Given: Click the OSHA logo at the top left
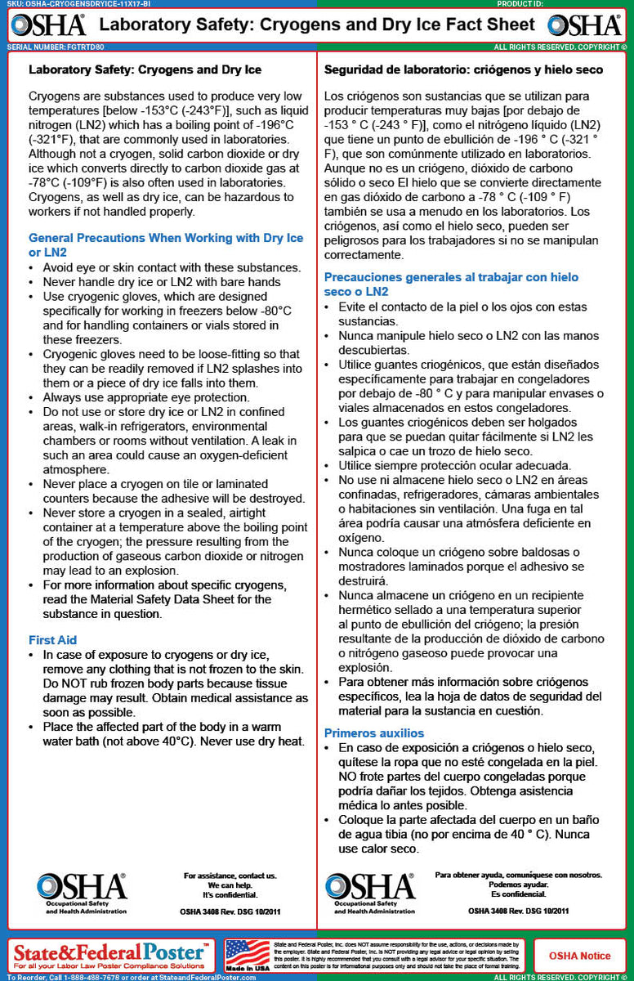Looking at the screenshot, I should pyautogui.click(x=48, y=25).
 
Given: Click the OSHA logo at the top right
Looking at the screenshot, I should pyautogui.click(x=585, y=25).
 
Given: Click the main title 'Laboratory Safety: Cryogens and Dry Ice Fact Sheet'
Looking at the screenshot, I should pyautogui.click(x=316, y=25).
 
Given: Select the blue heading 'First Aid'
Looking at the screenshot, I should pyautogui.click(x=52, y=639).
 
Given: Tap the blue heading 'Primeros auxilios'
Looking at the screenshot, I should pyautogui.click(x=374, y=732).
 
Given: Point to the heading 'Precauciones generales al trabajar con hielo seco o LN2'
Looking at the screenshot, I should pyautogui.click(x=451, y=284).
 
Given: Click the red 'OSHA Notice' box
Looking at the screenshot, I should pyautogui.click(x=579, y=955).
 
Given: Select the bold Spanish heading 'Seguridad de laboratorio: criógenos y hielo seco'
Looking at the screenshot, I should pyautogui.click(x=463, y=70).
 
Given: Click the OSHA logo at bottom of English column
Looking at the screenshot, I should pyautogui.click(x=82, y=891).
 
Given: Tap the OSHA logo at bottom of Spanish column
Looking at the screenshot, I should pyautogui.click(x=370, y=891).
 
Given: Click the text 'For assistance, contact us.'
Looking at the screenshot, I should pyautogui.click(x=230, y=876).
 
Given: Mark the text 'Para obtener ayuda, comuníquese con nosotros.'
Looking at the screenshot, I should pyautogui.click(x=519, y=875).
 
